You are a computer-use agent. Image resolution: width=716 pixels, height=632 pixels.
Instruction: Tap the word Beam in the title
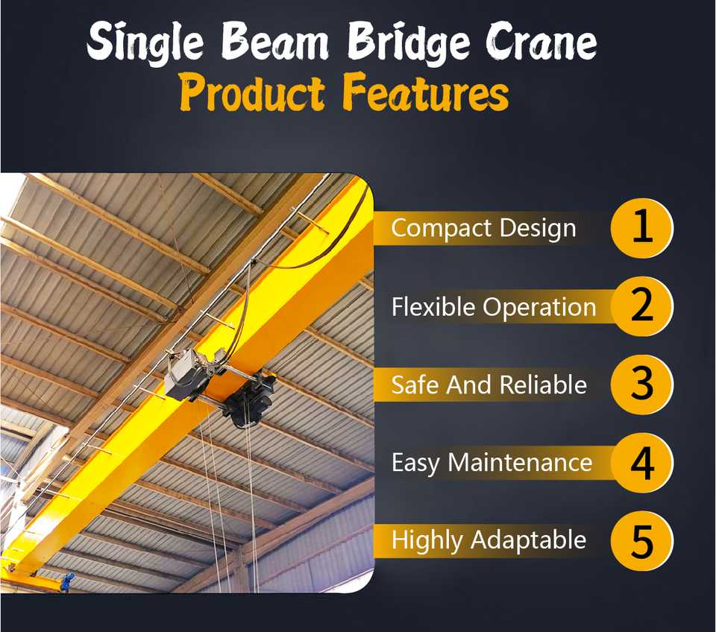(275, 41)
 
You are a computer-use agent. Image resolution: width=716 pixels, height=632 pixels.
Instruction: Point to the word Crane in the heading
(541, 42)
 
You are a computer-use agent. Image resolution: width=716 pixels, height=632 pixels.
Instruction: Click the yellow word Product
(252, 92)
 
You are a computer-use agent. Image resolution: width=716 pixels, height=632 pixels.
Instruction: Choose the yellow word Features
(426, 92)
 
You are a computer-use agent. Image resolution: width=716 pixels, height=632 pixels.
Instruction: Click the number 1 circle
(642, 228)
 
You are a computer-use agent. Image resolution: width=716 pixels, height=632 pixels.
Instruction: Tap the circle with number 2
(642, 306)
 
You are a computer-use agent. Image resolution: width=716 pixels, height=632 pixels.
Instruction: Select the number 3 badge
(642, 385)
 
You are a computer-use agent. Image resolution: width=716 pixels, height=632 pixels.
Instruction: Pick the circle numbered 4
(642, 463)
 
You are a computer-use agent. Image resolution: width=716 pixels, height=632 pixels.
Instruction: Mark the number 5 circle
(642, 541)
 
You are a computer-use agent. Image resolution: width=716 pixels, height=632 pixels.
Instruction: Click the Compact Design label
(483, 228)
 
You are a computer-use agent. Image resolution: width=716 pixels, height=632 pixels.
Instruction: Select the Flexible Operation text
(494, 307)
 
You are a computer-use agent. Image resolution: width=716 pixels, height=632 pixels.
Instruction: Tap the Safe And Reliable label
(489, 385)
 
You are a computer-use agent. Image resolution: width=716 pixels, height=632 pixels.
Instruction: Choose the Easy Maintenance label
(492, 463)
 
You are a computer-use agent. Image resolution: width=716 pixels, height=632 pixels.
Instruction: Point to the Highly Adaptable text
(489, 541)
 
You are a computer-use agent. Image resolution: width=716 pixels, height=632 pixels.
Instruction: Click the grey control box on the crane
(186, 375)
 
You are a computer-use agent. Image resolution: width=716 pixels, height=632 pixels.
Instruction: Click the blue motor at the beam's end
(68, 581)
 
